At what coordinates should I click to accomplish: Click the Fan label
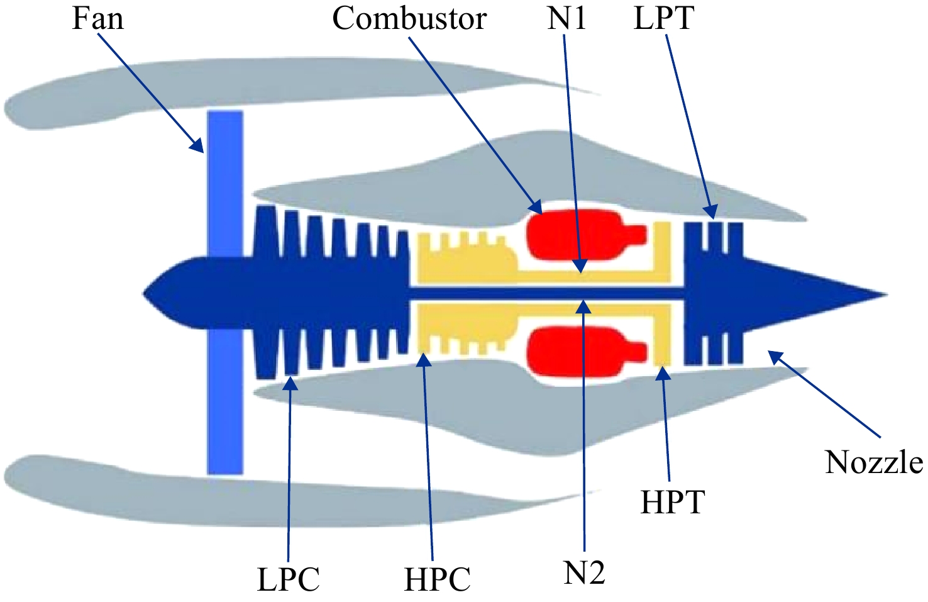[x=98, y=19]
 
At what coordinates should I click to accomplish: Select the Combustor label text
[x=409, y=19]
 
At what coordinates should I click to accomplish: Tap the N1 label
[x=566, y=19]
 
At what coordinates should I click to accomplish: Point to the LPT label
[x=664, y=19]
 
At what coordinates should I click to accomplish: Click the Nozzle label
[x=874, y=463]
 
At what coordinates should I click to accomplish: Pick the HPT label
[x=672, y=503]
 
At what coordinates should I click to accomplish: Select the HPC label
[x=438, y=579]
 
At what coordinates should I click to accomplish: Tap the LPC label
[x=289, y=579]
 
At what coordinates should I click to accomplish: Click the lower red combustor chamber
[x=584, y=352]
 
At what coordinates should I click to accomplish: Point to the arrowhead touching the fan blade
[x=197, y=145]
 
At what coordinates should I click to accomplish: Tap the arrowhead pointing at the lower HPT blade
[x=663, y=372]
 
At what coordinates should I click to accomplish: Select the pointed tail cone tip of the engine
[x=887, y=295]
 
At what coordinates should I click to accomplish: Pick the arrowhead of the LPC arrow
[x=291, y=382]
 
